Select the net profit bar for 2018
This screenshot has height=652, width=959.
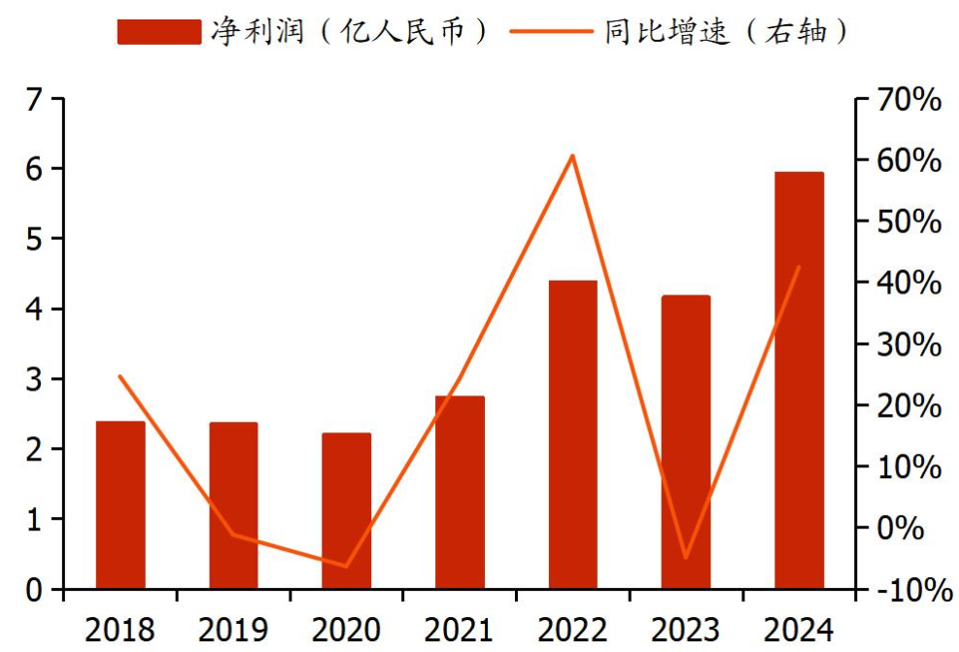(120, 505)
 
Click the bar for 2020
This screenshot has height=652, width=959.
(347, 511)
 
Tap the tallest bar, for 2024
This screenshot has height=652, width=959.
(799, 381)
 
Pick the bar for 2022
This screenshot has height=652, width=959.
(573, 435)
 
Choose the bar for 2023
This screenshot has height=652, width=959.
(686, 442)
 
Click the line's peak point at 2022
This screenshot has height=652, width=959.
(573, 155)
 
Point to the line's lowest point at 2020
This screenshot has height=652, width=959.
(347, 566)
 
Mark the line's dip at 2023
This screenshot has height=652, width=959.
(686, 558)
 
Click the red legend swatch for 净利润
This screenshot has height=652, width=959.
(159, 32)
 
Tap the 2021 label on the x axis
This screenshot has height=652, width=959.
(460, 630)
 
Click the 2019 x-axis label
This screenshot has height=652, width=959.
(233, 630)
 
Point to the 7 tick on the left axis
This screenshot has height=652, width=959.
(36, 99)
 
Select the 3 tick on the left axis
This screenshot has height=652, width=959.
(36, 379)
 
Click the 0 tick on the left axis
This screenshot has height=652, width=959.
(36, 590)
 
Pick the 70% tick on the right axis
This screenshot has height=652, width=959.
(907, 99)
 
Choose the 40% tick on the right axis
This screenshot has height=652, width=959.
(907, 284)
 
